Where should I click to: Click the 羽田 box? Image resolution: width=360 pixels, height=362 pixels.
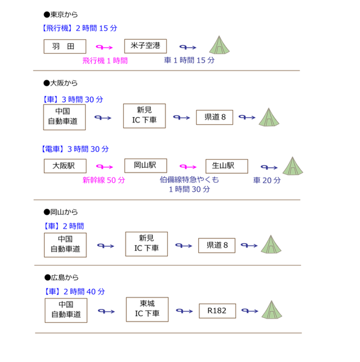click(x=65, y=46)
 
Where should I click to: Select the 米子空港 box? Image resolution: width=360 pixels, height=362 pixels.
click(x=146, y=46)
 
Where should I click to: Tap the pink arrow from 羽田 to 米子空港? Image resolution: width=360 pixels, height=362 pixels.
click(x=104, y=47)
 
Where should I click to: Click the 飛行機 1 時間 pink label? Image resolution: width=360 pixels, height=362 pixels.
click(x=105, y=61)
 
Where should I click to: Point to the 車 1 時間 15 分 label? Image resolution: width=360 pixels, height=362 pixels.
click(x=189, y=60)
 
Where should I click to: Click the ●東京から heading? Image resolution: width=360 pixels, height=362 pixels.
click(x=61, y=14)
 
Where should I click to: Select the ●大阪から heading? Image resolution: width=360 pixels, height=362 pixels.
click(x=60, y=83)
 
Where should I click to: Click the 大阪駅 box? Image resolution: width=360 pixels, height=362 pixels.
click(x=65, y=166)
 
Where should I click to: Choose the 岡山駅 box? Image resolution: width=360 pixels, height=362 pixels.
click(x=146, y=165)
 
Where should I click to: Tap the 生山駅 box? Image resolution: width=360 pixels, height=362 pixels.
click(x=227, y=167)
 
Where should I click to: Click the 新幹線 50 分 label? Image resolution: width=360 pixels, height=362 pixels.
click(x=104, y=180)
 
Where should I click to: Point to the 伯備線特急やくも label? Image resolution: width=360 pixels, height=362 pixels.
click(x=189, y=180)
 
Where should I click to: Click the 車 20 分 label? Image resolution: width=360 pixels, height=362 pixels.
click(x=267, y=180)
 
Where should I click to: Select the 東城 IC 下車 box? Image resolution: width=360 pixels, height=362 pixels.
click(x=147, y=310)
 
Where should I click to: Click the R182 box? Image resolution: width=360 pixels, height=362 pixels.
click(x=217, y=311)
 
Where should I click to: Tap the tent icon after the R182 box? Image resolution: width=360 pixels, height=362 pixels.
click(x=272, y=310)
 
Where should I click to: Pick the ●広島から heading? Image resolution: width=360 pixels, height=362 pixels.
click(x=62, y=278)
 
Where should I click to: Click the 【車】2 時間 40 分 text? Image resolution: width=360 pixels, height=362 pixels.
click(x=74, y=291)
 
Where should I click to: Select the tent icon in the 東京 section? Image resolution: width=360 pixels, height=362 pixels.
click(x=219, y=45)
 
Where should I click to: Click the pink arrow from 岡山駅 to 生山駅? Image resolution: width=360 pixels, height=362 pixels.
click(x=188, y=167)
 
